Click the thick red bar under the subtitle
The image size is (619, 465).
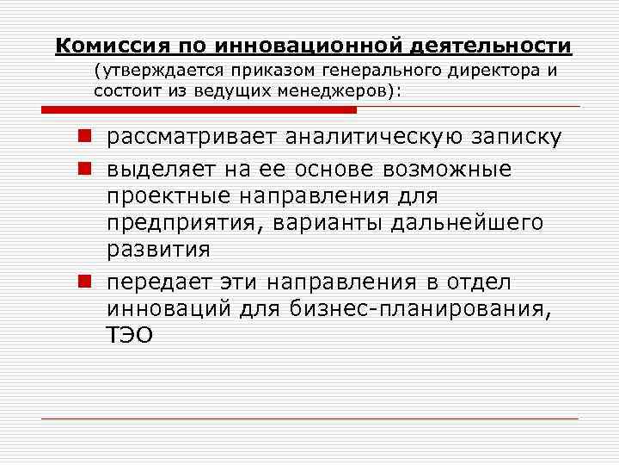pyautogui.click(x=199, y=109)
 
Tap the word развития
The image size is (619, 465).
pyautogui.click(x=158, y=251)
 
